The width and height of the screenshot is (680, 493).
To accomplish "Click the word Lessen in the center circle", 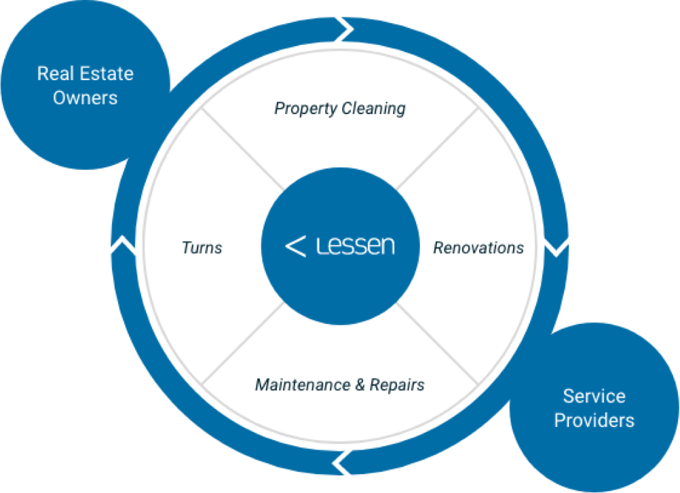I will pyautogui.click(x=356, y=245).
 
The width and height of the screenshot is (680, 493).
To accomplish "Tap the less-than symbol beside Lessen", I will pyautogui.click(x=295, y=246).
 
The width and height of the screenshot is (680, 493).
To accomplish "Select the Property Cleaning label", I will pyautogui.click(x=340, y=108).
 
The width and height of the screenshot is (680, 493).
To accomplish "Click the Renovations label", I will pyautogui.click(x=478, y=248).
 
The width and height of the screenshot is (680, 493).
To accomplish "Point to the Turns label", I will pyautogui.click(x=202, y=248).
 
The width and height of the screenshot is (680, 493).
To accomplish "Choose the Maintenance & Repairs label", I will pyautogui.click(x=340, y=385).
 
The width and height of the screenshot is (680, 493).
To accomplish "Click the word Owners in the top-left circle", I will pyautogui.click(x=86, y=98).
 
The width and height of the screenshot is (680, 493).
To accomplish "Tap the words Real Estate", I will pyautogui.click(x=86, y=73).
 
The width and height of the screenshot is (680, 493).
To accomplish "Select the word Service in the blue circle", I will pyautogui.click(x=594, y=396).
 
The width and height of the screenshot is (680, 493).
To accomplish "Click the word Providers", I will pyautogui.click(x=594, y=420).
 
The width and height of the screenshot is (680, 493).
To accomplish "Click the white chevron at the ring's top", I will pyautogui.click(x=344, y=29).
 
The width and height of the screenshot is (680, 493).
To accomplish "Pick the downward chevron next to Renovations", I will pyautogui.click(x=556, y=246).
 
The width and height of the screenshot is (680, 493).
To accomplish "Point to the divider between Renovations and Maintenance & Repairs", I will pyautogui.click(x=438, y=343).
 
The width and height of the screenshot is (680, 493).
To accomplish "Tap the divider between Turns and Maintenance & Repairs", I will pyautogui.click(x=243, y=343).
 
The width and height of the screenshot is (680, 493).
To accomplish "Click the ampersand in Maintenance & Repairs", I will pyautogui.click(x=362, y=385).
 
